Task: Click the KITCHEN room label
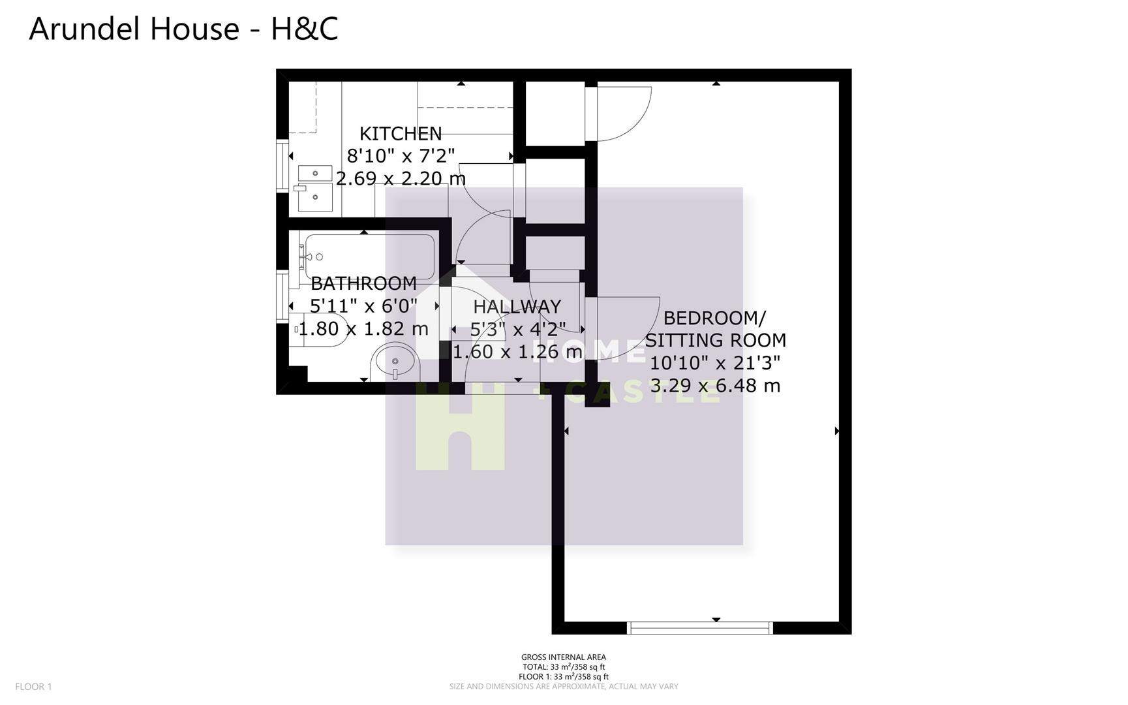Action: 401,134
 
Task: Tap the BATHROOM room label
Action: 363,283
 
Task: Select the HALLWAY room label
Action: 517,306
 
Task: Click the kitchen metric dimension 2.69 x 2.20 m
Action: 401,178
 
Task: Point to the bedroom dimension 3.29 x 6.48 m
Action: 715,385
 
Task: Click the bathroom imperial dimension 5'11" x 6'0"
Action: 363,305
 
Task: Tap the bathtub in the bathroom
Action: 369,257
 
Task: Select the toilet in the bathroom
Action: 313,330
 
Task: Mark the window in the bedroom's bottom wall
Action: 699,628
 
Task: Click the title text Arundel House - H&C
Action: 183,29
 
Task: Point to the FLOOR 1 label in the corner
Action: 33,686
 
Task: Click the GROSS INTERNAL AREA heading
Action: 563,657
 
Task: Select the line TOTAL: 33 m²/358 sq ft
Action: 563,667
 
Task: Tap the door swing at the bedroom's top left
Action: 623,114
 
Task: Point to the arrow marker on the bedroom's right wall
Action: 837,431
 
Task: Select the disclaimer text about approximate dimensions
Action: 563,687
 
